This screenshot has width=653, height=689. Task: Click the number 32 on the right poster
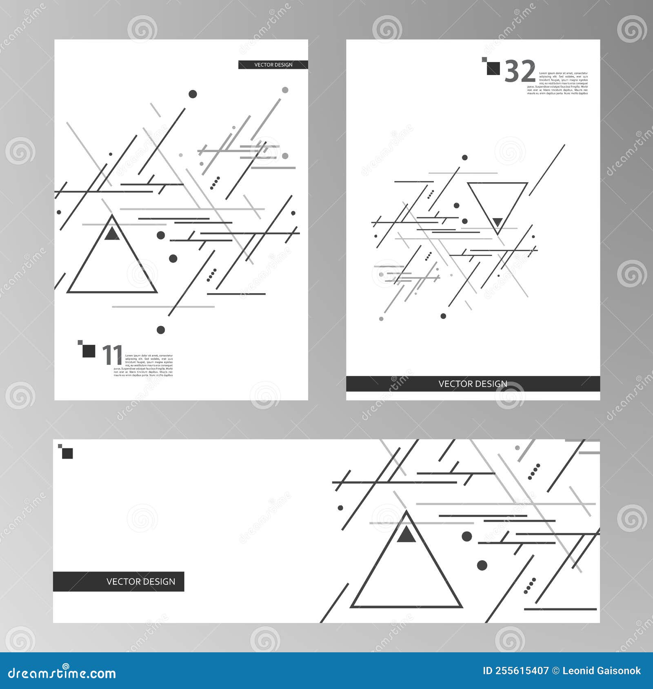(520, 72)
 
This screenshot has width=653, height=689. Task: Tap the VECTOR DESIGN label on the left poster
(273, 65)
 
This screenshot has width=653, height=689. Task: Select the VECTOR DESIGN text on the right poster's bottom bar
(473, 384)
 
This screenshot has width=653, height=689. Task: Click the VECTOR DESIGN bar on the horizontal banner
(119, 581)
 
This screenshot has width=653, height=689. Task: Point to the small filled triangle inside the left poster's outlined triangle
(112, 234)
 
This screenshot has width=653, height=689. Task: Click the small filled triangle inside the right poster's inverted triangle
(497, 222)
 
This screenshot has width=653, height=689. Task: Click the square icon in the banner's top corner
(67, 453)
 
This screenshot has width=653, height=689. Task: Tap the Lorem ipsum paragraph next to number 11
(143, 365)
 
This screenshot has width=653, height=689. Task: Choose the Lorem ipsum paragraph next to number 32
(557, 83)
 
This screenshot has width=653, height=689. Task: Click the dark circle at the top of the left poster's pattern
(193, 94)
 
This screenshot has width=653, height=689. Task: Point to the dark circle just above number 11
(161, 330)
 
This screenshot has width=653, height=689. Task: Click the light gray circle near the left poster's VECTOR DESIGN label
(285, 90)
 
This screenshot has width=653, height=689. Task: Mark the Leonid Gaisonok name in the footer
(601, 671)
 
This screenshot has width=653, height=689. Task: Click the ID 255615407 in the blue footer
(515, 671)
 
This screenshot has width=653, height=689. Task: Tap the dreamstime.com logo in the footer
(62, 673)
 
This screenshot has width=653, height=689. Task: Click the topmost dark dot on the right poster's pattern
(464, 157)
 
